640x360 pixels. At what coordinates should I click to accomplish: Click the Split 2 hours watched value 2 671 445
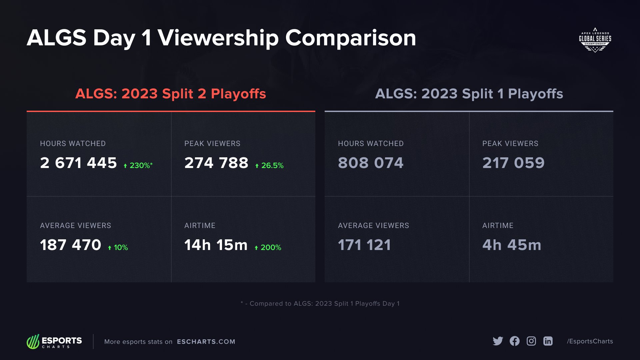pyautogui.click(x=78, y=163)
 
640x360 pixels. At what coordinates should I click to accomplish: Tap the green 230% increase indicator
pyautogui.click(x=138, y=165)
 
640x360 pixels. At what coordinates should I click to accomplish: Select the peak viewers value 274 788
pyautogui.click(x=216, y=163)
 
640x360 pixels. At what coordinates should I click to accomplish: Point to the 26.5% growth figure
pyautogui.click(x=269, y=165)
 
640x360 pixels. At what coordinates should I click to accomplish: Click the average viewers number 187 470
pyautogui.click(x=70, y=245)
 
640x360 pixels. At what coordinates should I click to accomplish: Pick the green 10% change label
pyautogui.click(x=118, y=247)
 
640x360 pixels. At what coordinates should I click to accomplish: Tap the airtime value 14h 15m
pyautogui.click(x=216, y=245)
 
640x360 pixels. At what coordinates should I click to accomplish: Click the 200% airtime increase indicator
pyautogui.click(x=268, y=247)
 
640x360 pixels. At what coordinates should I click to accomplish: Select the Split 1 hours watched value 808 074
pyautogui.click(x=371, y=163)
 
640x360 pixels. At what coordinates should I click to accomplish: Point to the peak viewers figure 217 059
pyautogui.click(x=513, y=163)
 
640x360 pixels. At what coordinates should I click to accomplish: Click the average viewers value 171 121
pyautogui.click(x=364, y=245)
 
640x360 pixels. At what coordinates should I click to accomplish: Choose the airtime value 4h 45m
pyautogui.click(x=512, y=245)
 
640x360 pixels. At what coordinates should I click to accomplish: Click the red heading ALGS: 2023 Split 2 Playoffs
pyautogui.click(x=171, y=94)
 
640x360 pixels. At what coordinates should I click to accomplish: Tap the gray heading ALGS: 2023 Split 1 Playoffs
pyautogui.click(x=469, y=94)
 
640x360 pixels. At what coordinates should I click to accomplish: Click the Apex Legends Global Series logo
pyautogui.click(x=595, y=40)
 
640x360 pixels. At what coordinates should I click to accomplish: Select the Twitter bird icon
pyautogui.click(x=498, y=341)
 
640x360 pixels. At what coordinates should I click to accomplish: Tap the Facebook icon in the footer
pyautogui.click(x=514, y=341)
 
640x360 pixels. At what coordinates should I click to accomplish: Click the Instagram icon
pyautogui.click(x=531, y=341)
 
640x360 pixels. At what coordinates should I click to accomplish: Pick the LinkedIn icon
pyautogui.click(x=548, y=341)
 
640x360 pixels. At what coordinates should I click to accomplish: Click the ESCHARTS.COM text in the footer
pyautogui.click(x=206, y=342)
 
